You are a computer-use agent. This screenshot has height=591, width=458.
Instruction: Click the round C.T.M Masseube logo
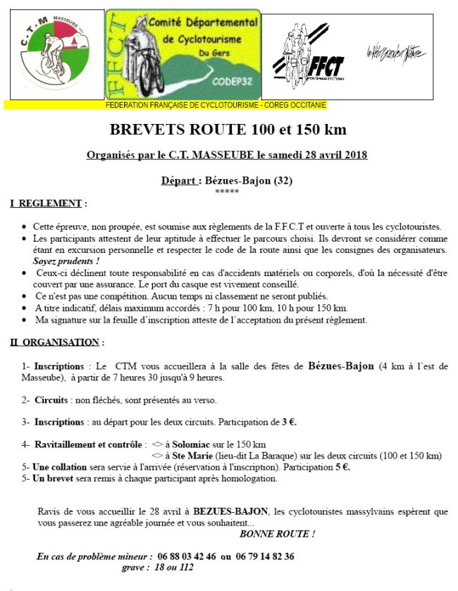click(56, 54)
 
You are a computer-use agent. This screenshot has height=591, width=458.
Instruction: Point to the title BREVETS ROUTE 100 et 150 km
click(228, 130)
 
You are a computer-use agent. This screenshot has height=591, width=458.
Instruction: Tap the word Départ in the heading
click(179, 180)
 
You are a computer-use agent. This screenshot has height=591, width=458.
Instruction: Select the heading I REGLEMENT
click(48, 204)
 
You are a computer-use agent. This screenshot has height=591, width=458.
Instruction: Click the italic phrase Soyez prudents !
click(61, 261)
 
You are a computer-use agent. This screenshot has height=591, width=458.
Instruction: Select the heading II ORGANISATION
click(56, 342)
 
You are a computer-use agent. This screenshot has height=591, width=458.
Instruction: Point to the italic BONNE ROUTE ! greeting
click(277, 534)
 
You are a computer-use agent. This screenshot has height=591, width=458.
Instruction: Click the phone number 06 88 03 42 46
click(186, 556)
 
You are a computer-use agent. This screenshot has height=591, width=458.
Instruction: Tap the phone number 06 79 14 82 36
click(264, 556)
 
